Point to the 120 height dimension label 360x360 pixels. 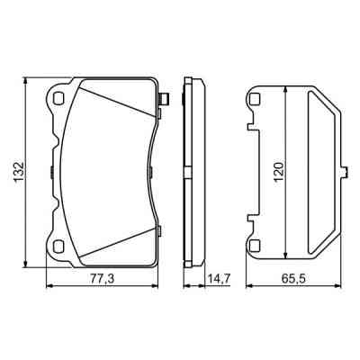279,171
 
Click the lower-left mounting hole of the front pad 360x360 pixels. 58,247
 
